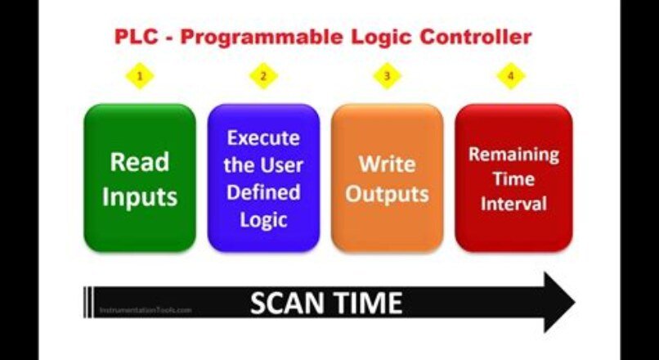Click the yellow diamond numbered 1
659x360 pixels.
pos(141,77)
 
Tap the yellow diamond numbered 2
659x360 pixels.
pos(263,77)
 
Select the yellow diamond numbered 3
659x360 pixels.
pos(387,77)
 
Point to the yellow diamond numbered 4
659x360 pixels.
pos(510,77)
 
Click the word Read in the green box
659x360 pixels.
pos(139,161)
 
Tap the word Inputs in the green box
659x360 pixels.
pos(139,197)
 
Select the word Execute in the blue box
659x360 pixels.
pos(263,137)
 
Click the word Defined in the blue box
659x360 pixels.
pos(263,192)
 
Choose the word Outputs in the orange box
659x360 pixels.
pos(387,194)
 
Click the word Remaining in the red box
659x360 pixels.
pos(513,154)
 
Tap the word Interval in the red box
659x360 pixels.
pos(513,203)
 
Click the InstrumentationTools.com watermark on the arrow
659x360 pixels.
pos(146,311)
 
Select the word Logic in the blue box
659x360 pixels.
pos(263,219)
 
